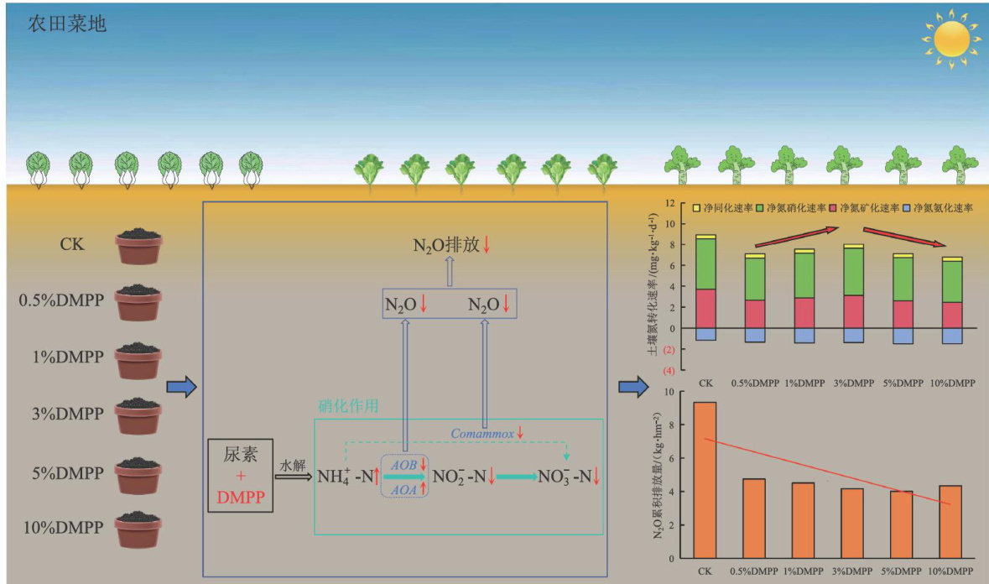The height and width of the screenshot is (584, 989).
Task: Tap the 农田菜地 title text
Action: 67,23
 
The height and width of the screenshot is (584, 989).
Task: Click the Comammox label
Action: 481,434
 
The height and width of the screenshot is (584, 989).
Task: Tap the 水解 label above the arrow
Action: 293,463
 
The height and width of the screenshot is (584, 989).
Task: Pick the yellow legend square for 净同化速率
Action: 695,207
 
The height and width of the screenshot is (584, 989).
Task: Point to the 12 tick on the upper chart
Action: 669,203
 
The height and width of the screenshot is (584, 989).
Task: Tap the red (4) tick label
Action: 669,370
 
